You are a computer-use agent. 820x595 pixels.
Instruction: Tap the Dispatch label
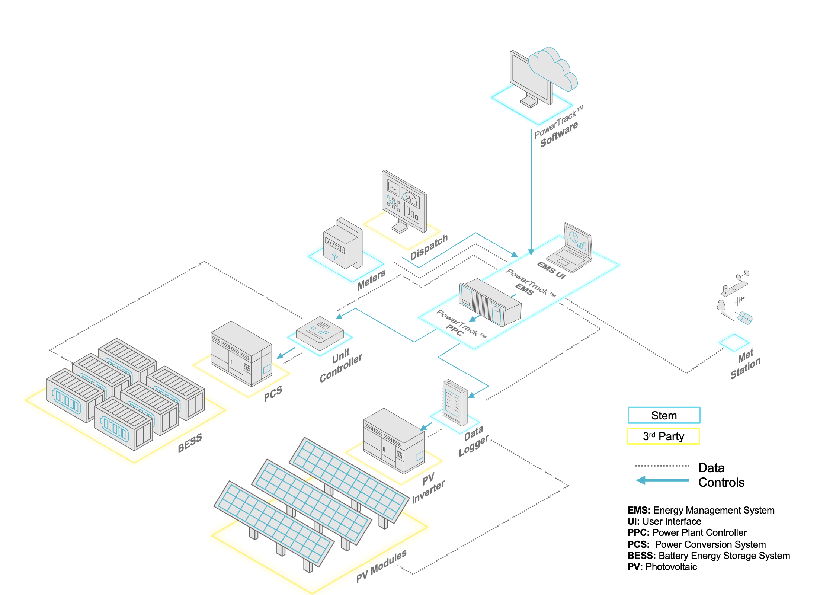point(429,247)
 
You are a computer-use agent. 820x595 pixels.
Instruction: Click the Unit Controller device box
point(320,333)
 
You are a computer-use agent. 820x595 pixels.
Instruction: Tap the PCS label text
point(273,393)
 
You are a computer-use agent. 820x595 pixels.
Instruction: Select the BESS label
point(190,442)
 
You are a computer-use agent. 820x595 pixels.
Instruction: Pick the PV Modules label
point(381,566)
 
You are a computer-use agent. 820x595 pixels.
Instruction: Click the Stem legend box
point(664,415)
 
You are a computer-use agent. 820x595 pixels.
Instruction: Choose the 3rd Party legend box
point(663,436)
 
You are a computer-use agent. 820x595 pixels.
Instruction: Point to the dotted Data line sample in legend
point(662,466)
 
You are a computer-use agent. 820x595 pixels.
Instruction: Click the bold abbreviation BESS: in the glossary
point(641,556)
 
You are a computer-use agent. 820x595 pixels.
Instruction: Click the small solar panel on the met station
point(745,318)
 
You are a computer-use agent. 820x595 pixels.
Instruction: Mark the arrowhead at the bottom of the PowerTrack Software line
point(531,252)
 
